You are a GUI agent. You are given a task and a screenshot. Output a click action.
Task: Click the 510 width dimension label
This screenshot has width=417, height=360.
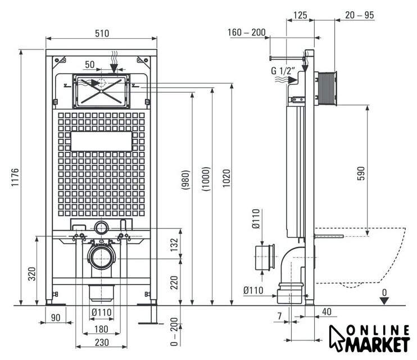pos(102,33)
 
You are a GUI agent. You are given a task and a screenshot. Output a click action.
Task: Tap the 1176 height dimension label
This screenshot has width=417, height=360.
pos(15,177)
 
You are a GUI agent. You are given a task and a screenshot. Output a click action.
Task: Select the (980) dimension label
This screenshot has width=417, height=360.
pos(185,180)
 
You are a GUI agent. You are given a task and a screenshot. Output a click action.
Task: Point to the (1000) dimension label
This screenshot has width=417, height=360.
pos(206,179)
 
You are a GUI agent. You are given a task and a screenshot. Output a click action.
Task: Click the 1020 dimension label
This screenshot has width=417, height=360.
pos(226,178)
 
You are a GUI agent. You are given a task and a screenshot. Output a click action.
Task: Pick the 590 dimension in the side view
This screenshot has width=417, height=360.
pos(361,173)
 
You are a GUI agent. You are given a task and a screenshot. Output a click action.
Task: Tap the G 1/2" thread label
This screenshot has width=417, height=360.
pos(283,71)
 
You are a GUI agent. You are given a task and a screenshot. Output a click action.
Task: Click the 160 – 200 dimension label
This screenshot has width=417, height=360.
pos(247,33)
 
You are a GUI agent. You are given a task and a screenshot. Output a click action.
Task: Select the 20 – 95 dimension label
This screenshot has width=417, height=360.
pos(360,15)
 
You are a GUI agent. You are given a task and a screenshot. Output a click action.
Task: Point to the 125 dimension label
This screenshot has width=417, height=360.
pos(300,15)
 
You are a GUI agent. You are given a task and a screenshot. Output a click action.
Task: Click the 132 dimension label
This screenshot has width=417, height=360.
pos(174,245)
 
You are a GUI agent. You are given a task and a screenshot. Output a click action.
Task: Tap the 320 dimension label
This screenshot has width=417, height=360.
pos(32,274)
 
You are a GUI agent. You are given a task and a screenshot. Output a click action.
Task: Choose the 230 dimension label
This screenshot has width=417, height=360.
pos(102,342)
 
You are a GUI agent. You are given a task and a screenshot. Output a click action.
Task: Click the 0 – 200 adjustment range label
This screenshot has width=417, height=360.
pos(174,331)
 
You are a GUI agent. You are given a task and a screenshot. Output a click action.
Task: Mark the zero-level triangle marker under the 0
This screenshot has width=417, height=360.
pos(384,301)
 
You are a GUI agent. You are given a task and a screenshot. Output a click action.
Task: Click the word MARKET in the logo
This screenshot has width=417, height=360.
pos(378,345)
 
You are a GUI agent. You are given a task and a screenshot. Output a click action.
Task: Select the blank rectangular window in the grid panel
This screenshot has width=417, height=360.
pos(101,141)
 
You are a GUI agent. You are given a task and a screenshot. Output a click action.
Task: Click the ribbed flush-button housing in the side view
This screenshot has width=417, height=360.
pos(326,89)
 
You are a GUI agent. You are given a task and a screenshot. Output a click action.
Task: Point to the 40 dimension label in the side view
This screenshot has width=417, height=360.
pos(327,312)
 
